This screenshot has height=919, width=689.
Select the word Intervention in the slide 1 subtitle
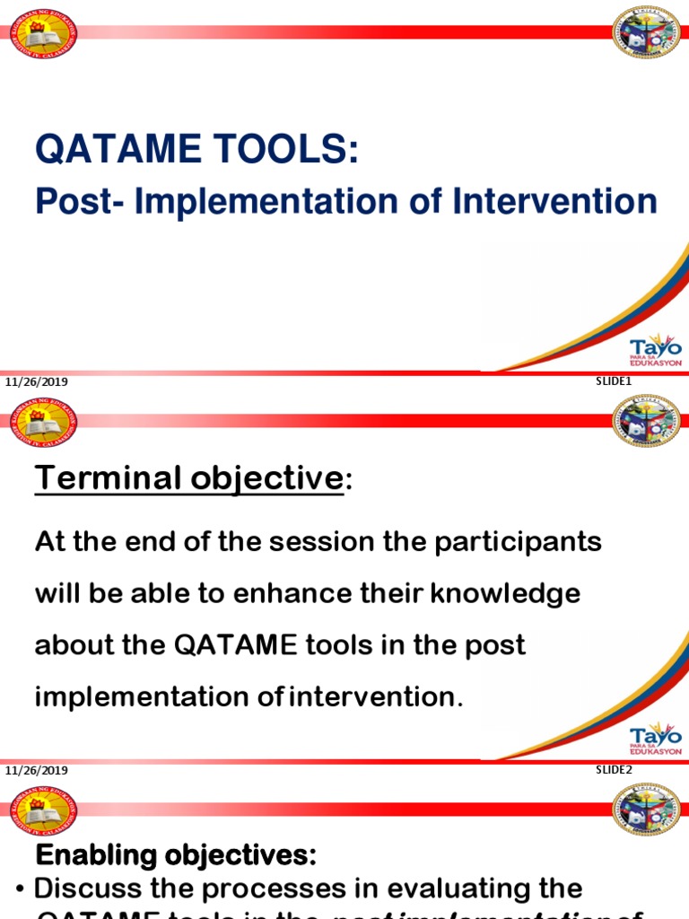(554, 201)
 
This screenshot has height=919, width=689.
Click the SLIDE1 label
(615, 381)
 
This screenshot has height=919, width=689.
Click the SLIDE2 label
(615, 769)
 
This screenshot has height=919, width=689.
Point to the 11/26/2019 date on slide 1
(37, 382)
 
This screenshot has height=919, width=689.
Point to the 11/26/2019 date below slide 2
(37, 771)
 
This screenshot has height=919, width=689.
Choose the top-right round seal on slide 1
(646, 32)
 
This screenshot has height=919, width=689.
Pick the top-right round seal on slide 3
(646, 810)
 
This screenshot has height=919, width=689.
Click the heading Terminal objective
(189, 478)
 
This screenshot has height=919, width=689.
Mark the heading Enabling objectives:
(176, 856)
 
